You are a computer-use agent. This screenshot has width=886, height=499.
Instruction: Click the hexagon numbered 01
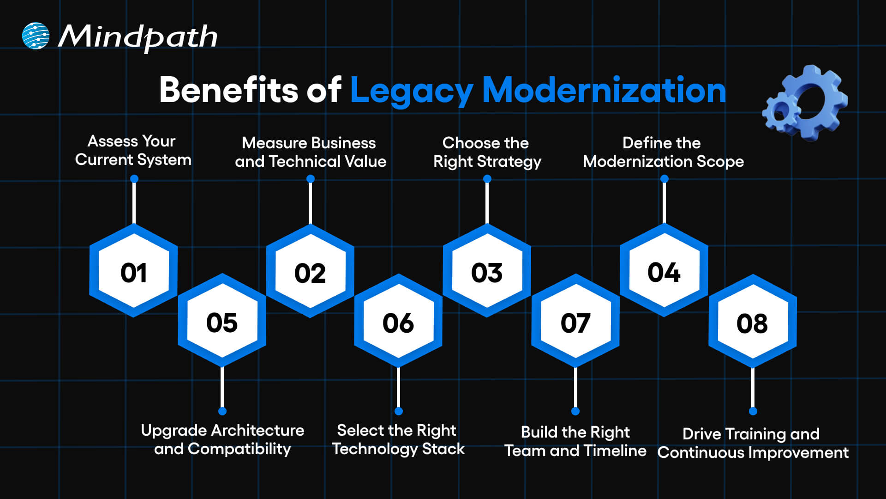click(x=133, y=272)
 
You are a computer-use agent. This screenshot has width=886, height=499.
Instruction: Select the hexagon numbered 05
click(x=222, y=322)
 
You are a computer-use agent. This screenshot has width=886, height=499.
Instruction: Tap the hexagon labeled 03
click(x=487, y=272)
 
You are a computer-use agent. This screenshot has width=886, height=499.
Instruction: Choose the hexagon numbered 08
click(x=752, y=323)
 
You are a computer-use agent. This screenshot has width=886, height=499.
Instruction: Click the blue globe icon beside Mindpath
click(x=36, y=36)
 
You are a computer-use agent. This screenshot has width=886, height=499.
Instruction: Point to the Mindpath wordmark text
click(x=138, y=37)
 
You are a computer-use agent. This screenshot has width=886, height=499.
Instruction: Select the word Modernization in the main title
click(x=604, y=90)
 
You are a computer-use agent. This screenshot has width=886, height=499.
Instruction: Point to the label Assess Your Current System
click(x=133, y=150)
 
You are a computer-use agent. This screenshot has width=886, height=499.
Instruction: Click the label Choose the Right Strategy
click(x=487, y=152)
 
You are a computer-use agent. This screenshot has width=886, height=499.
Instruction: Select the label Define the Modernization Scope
click(x=663, y=152)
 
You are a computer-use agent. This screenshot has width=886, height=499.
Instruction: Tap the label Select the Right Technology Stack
click(x=398, y=439)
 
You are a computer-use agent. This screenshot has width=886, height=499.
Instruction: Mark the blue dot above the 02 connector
click(x=311, y=179)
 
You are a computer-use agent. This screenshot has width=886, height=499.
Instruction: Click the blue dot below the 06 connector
click(x=399, y=411)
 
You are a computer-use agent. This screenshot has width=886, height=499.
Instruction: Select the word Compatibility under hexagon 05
click(x=239, y=449)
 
